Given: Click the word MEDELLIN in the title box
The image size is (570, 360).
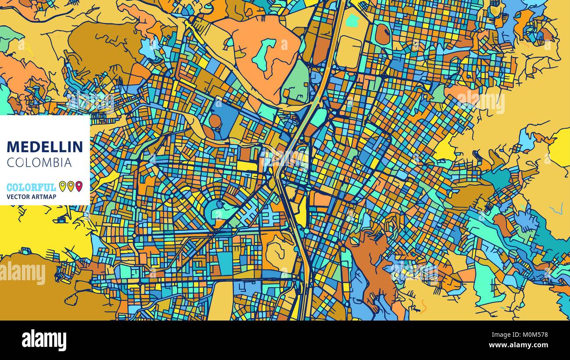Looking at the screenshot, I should point(45,146).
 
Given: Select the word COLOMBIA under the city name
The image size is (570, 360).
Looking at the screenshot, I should point(39,163).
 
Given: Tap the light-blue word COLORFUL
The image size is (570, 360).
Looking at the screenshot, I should point(31,187).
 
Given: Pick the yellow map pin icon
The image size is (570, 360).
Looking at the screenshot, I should point(62,186).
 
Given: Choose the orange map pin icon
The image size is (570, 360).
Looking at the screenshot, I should point(71,186).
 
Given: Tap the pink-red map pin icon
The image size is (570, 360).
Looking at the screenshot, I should point(79,186).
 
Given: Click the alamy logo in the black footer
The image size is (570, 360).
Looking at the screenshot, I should point(44,340).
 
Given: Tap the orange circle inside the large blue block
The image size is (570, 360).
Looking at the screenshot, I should point(215,121).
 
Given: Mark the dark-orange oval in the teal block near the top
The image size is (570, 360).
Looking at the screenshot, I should point(382,34).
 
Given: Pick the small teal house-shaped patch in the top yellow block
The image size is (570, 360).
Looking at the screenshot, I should point(352,21).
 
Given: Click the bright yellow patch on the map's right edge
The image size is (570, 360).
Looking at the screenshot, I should point(561,147).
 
